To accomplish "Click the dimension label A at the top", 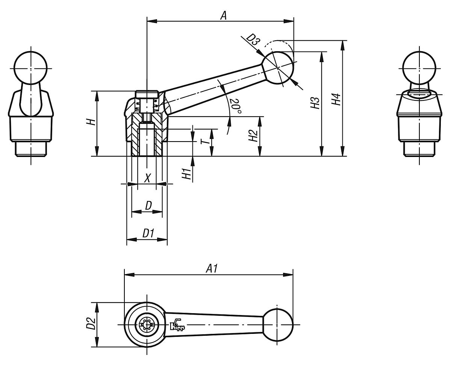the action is pos(223,15).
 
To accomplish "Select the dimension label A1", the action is pos(211,269).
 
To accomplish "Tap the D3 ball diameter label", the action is pos(253,40).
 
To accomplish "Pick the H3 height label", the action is pos(315,103).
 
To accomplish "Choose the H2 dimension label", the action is pos(253,136).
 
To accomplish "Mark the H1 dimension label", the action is pos(187,173).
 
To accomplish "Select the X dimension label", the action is pos(147,178).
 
